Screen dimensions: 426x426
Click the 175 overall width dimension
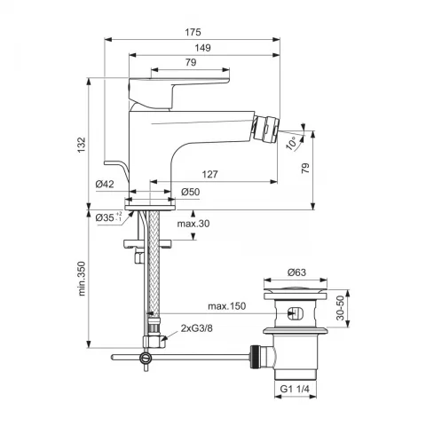click(193, 32)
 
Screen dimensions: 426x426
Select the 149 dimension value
click(202, 48)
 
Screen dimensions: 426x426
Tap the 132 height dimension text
click(82, 145)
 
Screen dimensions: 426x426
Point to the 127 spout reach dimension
click(209, 174)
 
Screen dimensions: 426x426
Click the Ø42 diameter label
click(105, 185)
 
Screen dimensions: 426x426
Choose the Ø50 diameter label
click(191, 192)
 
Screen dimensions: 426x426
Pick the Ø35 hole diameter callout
click(108, 217)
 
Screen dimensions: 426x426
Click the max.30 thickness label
click(193, 224)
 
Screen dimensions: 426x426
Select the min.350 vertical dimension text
click(82, 279)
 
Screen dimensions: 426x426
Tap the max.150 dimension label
click(226, 306)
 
